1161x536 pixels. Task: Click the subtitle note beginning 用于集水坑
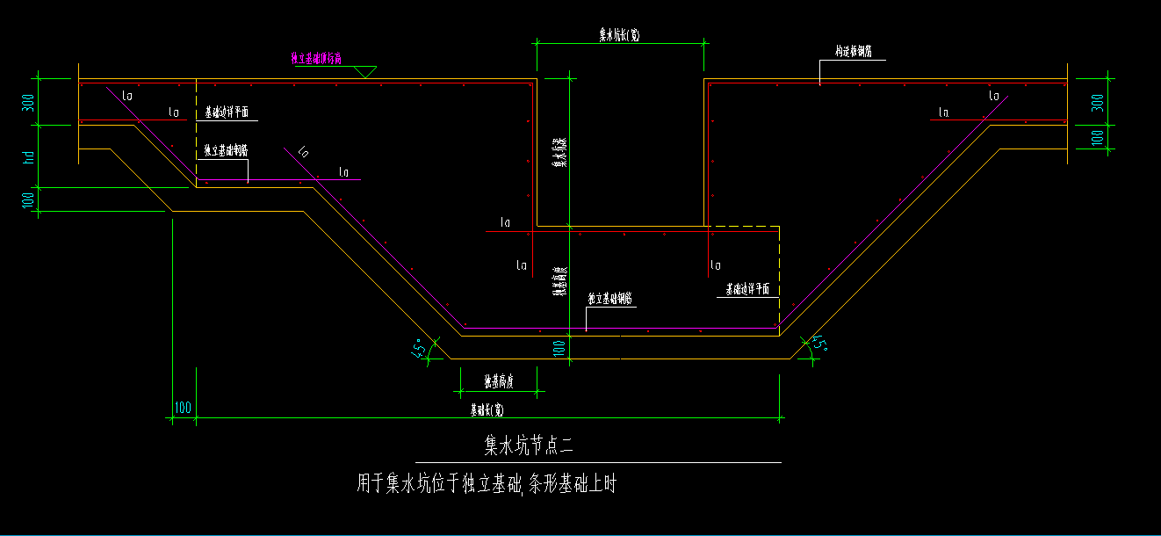[x=486, y=483]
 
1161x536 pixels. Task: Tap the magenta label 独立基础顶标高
[x=316, y=59]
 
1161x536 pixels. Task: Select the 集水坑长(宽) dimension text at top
[x=618, y=34]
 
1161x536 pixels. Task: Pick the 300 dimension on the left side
[x=28, y=102]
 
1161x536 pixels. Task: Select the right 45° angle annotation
[x=818, y=344]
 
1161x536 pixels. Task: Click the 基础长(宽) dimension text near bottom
[x=487, y=409]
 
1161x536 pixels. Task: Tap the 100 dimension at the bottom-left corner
[x=183, y=408]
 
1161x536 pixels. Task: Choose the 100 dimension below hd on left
[x=28, y=199]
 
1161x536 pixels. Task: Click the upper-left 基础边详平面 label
[x=227, y=112]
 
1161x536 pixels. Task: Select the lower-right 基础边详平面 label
[x=747, y=289]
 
